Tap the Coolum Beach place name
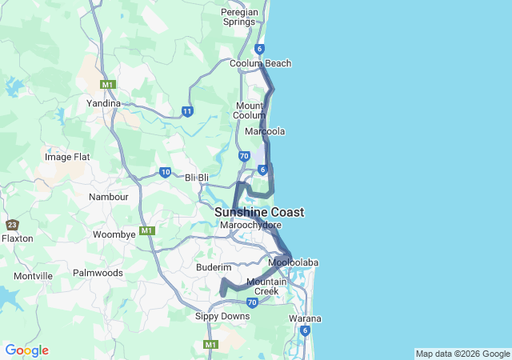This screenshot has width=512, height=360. tap(260, 63)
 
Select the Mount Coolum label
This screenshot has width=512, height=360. tap(250, 110)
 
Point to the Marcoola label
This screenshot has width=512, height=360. tap(265, 131)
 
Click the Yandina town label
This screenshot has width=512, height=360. tap(103, 103)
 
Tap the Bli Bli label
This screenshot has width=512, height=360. tap(197, 177)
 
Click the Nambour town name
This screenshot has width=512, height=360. tap(109, 196)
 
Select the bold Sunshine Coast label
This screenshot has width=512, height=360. tap(259, 212)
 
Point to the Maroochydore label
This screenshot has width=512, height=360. tap(250, 226)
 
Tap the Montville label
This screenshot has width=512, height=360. tap(33, 276)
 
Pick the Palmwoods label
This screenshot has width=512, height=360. tap(98, 273)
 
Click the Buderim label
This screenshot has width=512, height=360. tap(213, 268)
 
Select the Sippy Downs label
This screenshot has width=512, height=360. tap(222, 316)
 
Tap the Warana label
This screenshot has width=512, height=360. tap(305, 318)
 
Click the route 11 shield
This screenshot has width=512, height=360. tap(187, 111)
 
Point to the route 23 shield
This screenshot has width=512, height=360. tap(12, 225)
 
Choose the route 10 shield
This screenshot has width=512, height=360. tap(165, 171)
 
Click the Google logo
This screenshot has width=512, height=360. tap(26, 350)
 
